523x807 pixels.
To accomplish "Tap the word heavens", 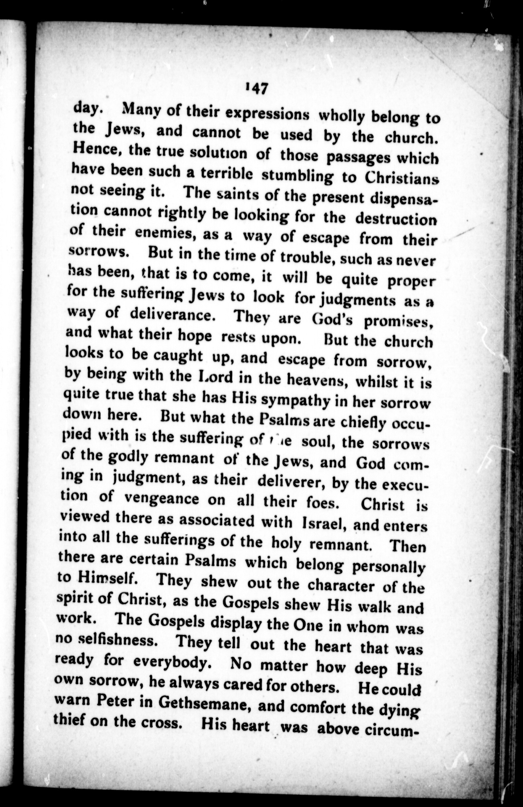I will (x=315, y=380).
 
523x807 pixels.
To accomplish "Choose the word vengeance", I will (x=161, y=499).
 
